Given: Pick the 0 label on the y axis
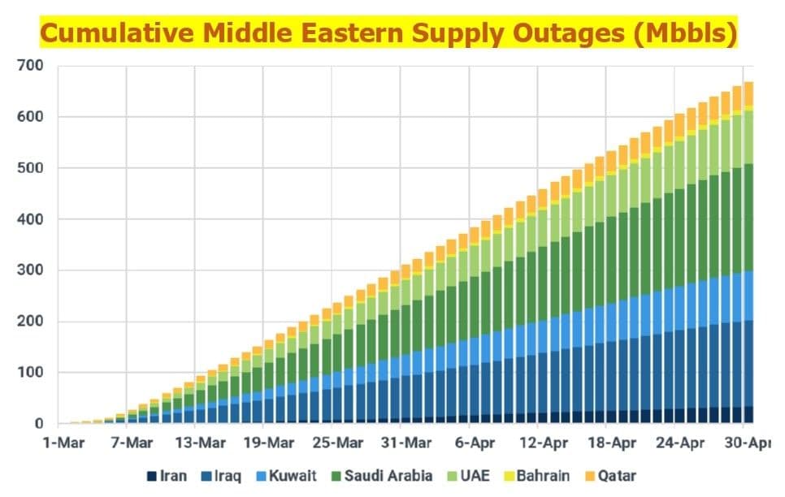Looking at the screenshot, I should [38, 424].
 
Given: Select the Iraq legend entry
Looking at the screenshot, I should [222, 476].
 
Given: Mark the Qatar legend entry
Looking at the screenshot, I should [612, 476].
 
